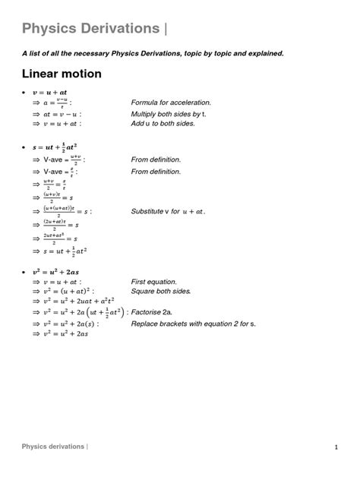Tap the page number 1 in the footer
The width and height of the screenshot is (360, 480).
pyautogui.click(x=335, y=447)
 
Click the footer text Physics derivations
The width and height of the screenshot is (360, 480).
pyautogui.click(x=53, y=447)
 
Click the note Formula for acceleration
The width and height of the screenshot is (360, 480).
pyautogui.click(x=171, y=103)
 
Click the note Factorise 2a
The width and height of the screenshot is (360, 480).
pyautogui.click(x=156, y=311)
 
